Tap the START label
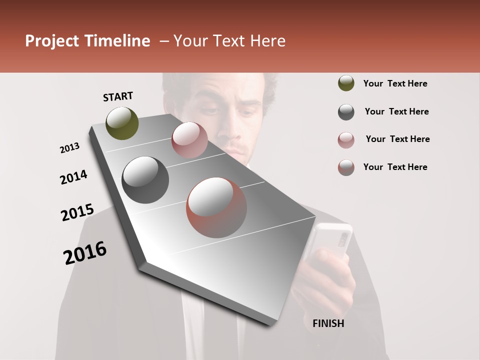coord(118,96)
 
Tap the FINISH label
coord(328,323)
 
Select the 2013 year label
coord(70,148)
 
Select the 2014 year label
coord(74,177)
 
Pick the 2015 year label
coord(77,212)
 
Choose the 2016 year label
coord(85,253)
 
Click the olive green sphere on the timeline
coord(122,123)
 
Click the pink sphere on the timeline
coord(189,140)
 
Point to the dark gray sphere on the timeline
coord(145,180)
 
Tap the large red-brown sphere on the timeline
coord(216,207)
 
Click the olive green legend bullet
coord(346,83)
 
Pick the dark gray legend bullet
coord(346,112)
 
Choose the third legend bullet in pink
coord(346,140)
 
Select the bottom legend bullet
coord(346,167)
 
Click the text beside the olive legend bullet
coord(395,83)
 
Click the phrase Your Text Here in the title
coord(229,41)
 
